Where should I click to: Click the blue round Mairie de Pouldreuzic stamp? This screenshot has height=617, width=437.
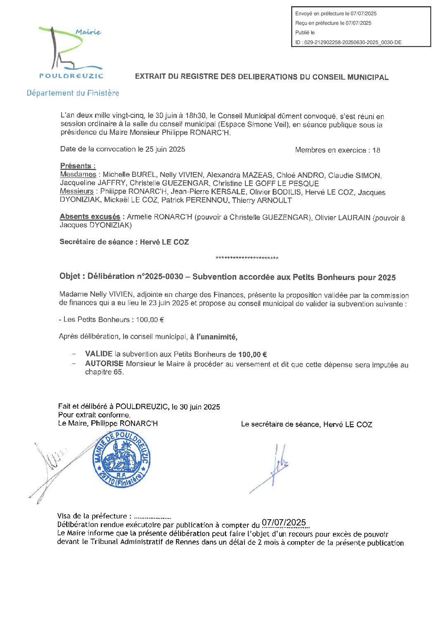122,459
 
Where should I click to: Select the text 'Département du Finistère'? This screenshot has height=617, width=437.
73,93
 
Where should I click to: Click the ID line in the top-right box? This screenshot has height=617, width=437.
348,42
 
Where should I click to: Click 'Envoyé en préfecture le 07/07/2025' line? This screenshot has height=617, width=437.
336,14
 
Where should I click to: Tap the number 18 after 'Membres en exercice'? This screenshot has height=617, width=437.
376,150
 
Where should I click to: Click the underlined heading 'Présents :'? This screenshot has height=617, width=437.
78,166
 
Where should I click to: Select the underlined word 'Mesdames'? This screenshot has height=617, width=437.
78,174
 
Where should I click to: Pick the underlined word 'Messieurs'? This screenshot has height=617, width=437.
77,191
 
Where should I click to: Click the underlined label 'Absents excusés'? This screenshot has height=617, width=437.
90,217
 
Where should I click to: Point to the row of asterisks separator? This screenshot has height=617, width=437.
247,259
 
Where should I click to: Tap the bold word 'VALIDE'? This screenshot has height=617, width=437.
99,354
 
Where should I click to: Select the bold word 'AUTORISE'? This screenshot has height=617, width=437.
104,364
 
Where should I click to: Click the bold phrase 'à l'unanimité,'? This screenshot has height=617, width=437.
214,337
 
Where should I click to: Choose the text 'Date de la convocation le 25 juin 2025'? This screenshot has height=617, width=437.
122,149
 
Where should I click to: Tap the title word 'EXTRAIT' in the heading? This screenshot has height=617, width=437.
150,77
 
